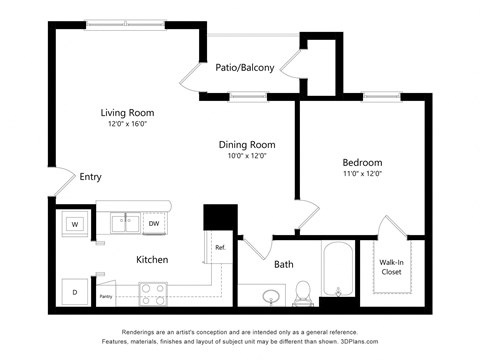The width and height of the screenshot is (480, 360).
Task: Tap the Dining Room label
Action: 246,144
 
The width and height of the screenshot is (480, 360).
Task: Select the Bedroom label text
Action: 362,162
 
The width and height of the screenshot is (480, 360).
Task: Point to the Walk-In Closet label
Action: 391,267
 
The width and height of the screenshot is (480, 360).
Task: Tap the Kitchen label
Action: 152,260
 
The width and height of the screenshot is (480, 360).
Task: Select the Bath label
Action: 284,265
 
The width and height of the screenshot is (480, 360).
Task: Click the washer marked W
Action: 75,225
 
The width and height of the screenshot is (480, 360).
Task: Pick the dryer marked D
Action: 74,291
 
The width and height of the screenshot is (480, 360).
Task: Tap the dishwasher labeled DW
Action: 153,224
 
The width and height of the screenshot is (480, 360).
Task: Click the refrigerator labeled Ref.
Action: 220,246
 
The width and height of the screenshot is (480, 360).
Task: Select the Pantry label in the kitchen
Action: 105,296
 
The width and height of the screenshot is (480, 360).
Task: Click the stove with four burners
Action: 153,294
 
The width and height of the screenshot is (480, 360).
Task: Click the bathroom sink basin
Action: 270,296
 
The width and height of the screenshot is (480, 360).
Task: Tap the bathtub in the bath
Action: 337,270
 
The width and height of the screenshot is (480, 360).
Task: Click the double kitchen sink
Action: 126,223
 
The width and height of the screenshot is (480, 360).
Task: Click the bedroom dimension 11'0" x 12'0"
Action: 362,174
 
